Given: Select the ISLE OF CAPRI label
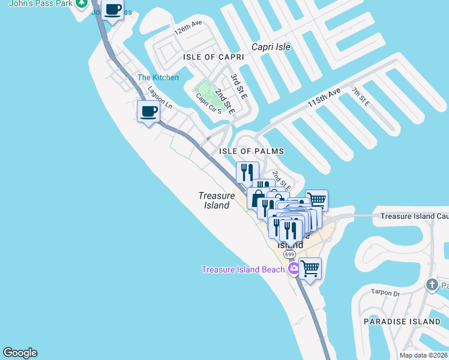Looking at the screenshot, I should (214, 57).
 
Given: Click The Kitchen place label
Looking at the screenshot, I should (158, 77).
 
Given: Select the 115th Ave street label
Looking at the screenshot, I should (324, 97).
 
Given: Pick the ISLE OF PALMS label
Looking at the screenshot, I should (251, 151).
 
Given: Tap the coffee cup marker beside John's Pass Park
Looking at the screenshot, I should (112, 10).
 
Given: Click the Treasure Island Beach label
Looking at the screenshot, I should (243, 269).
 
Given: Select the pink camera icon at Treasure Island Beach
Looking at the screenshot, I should (294, 269).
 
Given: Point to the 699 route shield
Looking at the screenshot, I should (289, 254).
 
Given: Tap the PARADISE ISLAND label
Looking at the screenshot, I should (402, 322).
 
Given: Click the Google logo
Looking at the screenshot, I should (20, 353).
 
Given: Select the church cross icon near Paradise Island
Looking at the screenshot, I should (432, 284).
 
